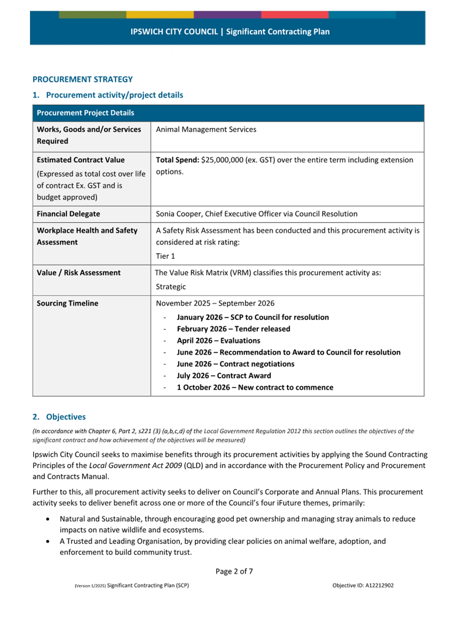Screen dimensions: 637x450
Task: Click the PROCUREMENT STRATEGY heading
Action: click(83, 79)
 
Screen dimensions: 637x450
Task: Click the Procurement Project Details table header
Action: click(85, 113)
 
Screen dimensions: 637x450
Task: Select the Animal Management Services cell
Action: click(206, 130)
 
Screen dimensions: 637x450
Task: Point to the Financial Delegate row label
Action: click(68, 214)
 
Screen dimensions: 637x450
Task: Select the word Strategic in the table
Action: click(171, 287)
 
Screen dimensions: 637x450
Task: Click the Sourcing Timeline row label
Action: click(67, 304)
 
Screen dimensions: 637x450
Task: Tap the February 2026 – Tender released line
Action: click(233, 329)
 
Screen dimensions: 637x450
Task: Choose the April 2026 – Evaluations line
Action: click(218, 341)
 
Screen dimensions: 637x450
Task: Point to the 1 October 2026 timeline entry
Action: click(255, 387)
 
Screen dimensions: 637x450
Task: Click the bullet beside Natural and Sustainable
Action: click(49, 519)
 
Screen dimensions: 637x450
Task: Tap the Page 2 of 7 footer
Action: click(234, 571)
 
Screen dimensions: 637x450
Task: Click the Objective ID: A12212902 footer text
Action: click(363, 585)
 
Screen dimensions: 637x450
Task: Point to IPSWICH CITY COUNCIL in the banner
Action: click(174, 32)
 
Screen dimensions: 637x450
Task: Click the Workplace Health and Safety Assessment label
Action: click(86, 236)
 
